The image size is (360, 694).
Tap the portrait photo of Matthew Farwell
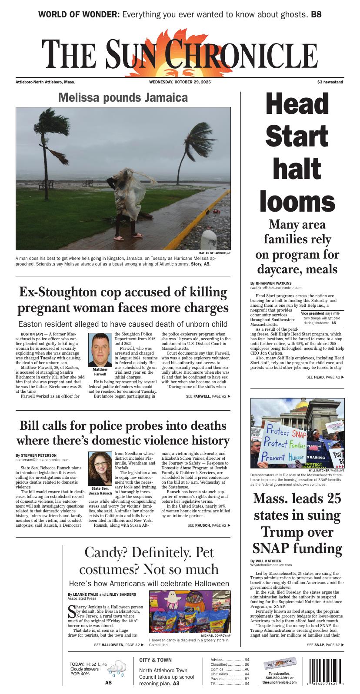pos(100,350)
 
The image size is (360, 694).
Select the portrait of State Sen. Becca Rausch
pos(100,468)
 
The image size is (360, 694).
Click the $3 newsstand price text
pos(330,82)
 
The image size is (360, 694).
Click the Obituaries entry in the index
pos(222,674)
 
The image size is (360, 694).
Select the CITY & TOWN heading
pos(155,660)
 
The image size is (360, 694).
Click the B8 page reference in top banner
pos(316,14)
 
